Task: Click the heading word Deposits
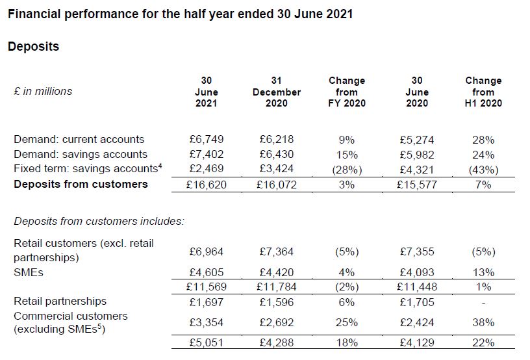point(33,47)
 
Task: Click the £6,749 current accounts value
point(206,139)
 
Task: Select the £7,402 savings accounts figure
point(206,154)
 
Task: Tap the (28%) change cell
point(347,169)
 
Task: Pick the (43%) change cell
point(483,169)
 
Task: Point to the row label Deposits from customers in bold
point(81,184)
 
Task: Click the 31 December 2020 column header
point(277,92)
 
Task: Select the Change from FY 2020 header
point(347,92)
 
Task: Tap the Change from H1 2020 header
point(483,92)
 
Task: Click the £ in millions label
point(43,92)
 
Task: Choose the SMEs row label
point(29,272)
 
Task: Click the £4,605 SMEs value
point(206,272)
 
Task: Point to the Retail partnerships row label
point(60,302)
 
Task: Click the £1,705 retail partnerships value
point(416,302)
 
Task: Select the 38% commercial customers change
point(483,322)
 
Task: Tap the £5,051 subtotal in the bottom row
point(206,342)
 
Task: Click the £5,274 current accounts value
point(416,139)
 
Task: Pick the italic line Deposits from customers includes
point(99,221)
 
